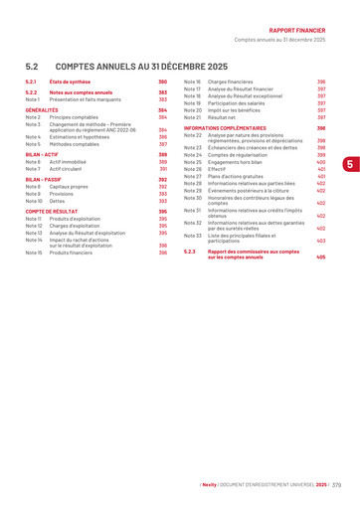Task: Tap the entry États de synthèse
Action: (71, 82)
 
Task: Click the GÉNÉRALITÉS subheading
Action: (43, 109)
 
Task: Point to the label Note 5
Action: (34, 144)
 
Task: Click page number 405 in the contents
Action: (321, 257)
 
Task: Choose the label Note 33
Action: (193, 236)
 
